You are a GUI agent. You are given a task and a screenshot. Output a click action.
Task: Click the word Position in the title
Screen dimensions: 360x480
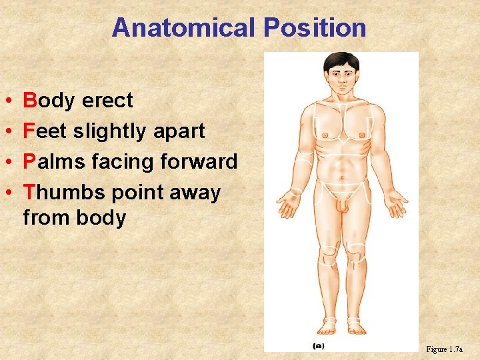point(315,28)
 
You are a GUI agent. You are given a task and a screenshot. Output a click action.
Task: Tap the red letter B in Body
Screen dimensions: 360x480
point(29,101)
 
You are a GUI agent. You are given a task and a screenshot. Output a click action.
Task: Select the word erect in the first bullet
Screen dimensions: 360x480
point(107,101)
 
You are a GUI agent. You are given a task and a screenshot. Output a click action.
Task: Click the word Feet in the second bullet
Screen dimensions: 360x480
point(45,131)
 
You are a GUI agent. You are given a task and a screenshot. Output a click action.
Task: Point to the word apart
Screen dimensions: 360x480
point(179,131)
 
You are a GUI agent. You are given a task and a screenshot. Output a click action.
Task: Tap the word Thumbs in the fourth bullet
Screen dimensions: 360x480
point(64,193)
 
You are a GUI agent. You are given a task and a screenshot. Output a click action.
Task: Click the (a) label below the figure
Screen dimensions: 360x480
point(319,346)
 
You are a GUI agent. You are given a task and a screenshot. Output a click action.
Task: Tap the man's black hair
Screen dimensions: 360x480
point(341,61)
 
